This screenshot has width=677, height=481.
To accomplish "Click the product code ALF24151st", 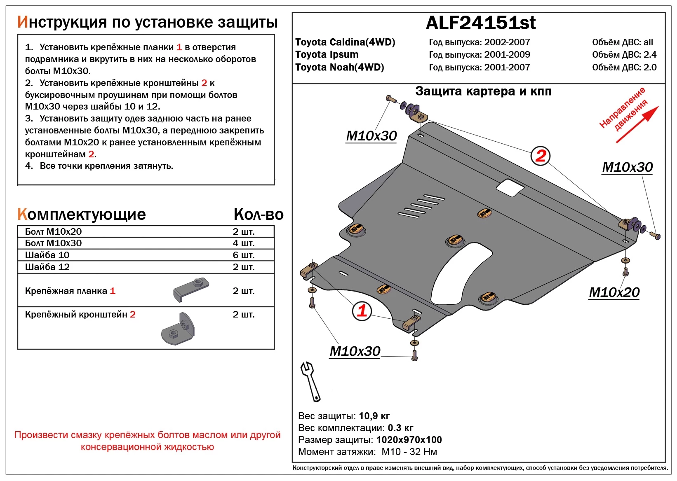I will click(x=480, y=23).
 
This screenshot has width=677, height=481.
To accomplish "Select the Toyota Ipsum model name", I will click(x=327, y=55).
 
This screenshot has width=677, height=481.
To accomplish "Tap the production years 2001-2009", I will click(x=507, y=55).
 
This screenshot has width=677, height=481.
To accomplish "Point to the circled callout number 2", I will click(x=540, y=156).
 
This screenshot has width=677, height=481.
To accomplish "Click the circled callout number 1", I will click(x=362, y=311).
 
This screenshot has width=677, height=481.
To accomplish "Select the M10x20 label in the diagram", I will click(x=614, y=292).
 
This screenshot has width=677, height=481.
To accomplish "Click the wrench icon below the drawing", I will click(x=310, y=381).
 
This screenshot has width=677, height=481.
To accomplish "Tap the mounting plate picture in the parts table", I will click(x=191, y=290).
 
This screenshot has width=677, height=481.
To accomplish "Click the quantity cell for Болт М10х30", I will click(x=243, y=243).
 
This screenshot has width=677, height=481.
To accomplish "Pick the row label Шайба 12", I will click(x=47, y=267).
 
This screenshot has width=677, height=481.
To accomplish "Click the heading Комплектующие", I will click(x=81, y=215).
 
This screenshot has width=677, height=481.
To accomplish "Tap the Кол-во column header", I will click(x=258, y=215).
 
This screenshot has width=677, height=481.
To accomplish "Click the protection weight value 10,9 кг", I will click(x=374, y=416).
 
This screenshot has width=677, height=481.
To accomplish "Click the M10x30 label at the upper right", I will click(x=627, y=167).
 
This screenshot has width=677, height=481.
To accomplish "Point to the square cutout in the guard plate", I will click(x=510, y=188).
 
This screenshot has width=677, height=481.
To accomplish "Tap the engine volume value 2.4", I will click(x=650, y=55).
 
